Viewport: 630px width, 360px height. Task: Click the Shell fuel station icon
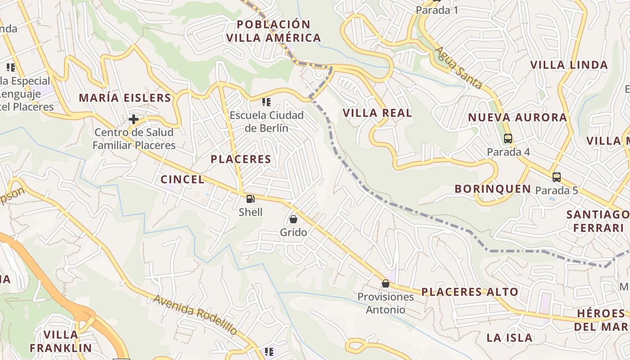(x=250, y=198)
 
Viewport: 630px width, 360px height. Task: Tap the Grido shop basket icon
(x=293, y=219)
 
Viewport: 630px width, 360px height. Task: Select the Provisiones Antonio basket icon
(x=385, y=283)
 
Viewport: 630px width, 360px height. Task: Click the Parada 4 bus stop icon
(x=508, y=139)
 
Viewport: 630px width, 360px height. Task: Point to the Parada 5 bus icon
(x=557, y=177)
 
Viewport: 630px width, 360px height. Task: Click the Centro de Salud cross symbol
(x=134, y=119)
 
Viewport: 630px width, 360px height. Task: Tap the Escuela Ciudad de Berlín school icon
(x=266, y=102)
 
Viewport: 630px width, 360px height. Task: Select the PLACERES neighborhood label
(x=241, y=159)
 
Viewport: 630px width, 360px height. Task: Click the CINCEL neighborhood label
(x=182, y=180)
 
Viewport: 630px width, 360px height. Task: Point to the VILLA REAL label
(x=378, y=113)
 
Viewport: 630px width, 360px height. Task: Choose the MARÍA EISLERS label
(x=125, y=98)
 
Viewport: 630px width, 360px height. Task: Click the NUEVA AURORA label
(x=517, y=117)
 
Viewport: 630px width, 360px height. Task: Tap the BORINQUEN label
(x=493, y=189)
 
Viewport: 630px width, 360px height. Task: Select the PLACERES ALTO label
(x=470, y=292)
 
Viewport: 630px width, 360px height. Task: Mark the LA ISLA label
(x=509, y=337)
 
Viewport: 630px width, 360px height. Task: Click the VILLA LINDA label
(x=569, y=65)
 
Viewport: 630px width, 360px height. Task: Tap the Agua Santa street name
(x=459, y=68)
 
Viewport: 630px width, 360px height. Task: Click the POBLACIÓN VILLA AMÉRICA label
(x=274, y=31)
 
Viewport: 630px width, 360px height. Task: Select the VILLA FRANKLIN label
(x=61, y=341)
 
